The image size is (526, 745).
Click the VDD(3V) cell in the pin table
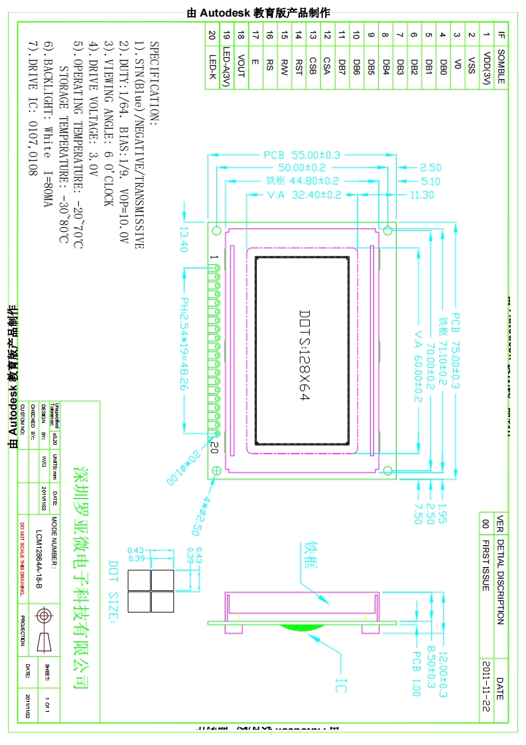click(488, 66)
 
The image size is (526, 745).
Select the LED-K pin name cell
click(212, 66)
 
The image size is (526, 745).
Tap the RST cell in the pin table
click(298, 66)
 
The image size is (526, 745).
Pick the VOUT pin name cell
click(241, 66)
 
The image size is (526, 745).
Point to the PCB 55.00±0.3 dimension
click(302, 155)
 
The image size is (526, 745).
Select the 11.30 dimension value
click(422, 195)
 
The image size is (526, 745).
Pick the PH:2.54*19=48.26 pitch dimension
click(184, 346)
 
